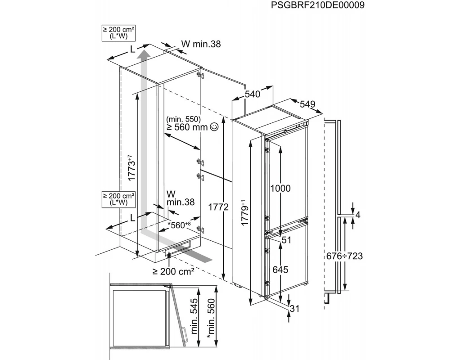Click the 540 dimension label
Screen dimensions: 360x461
tap(253, 94)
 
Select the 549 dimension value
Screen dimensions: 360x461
tap(307, 104)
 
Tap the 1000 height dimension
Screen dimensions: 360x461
tap(280, 189)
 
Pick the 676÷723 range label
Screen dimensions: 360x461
tap(344, 256)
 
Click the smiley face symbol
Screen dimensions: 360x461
tap(214, 127)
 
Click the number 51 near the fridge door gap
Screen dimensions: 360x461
tap(287, 240)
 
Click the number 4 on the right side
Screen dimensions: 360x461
tap(358, 215)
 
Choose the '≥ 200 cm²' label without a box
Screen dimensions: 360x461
tap(173, 271)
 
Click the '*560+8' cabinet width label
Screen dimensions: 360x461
tap(179, 225)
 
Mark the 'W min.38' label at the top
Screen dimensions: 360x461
tap(201, 44)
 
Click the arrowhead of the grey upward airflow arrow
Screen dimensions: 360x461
tap(144, 55)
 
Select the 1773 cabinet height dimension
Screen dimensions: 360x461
tap(130, 168)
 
